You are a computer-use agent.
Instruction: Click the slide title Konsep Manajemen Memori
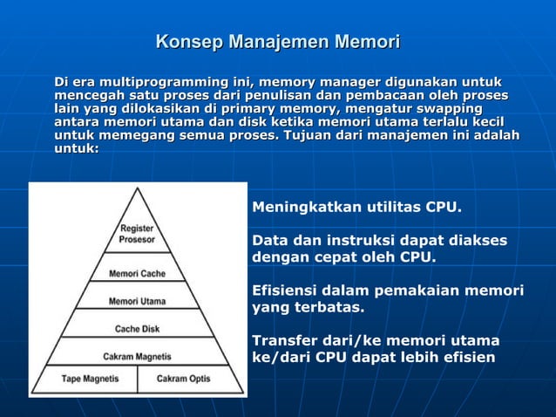[277, 41]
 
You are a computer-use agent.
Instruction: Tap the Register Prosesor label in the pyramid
[138, 233]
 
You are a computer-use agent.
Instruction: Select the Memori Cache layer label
[137, 273]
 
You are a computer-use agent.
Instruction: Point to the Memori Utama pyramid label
[137, 301]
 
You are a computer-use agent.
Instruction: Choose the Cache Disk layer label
[137, 329]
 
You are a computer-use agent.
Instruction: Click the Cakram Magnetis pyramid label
[137, 356]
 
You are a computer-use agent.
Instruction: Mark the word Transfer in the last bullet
[283, 339]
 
